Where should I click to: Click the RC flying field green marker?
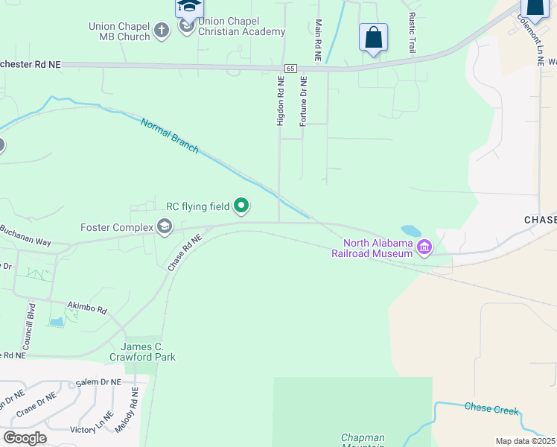point(241,204)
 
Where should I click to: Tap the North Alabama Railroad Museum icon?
point(424,247)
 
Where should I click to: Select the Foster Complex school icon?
point(165,226)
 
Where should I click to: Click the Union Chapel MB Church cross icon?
point(162,31)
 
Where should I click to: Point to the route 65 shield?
point(290,68)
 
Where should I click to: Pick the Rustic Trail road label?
point(411,31)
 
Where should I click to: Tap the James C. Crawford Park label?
point(149,352)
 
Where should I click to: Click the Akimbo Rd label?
point(87,308)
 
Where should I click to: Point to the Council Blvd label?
point(29,327)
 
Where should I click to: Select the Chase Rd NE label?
point(185,252)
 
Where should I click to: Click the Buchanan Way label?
point(25,235)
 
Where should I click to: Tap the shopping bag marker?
point(373,37)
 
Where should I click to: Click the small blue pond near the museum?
point(410,231)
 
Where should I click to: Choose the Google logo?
point(25,437)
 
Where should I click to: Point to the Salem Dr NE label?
point(100,381)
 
